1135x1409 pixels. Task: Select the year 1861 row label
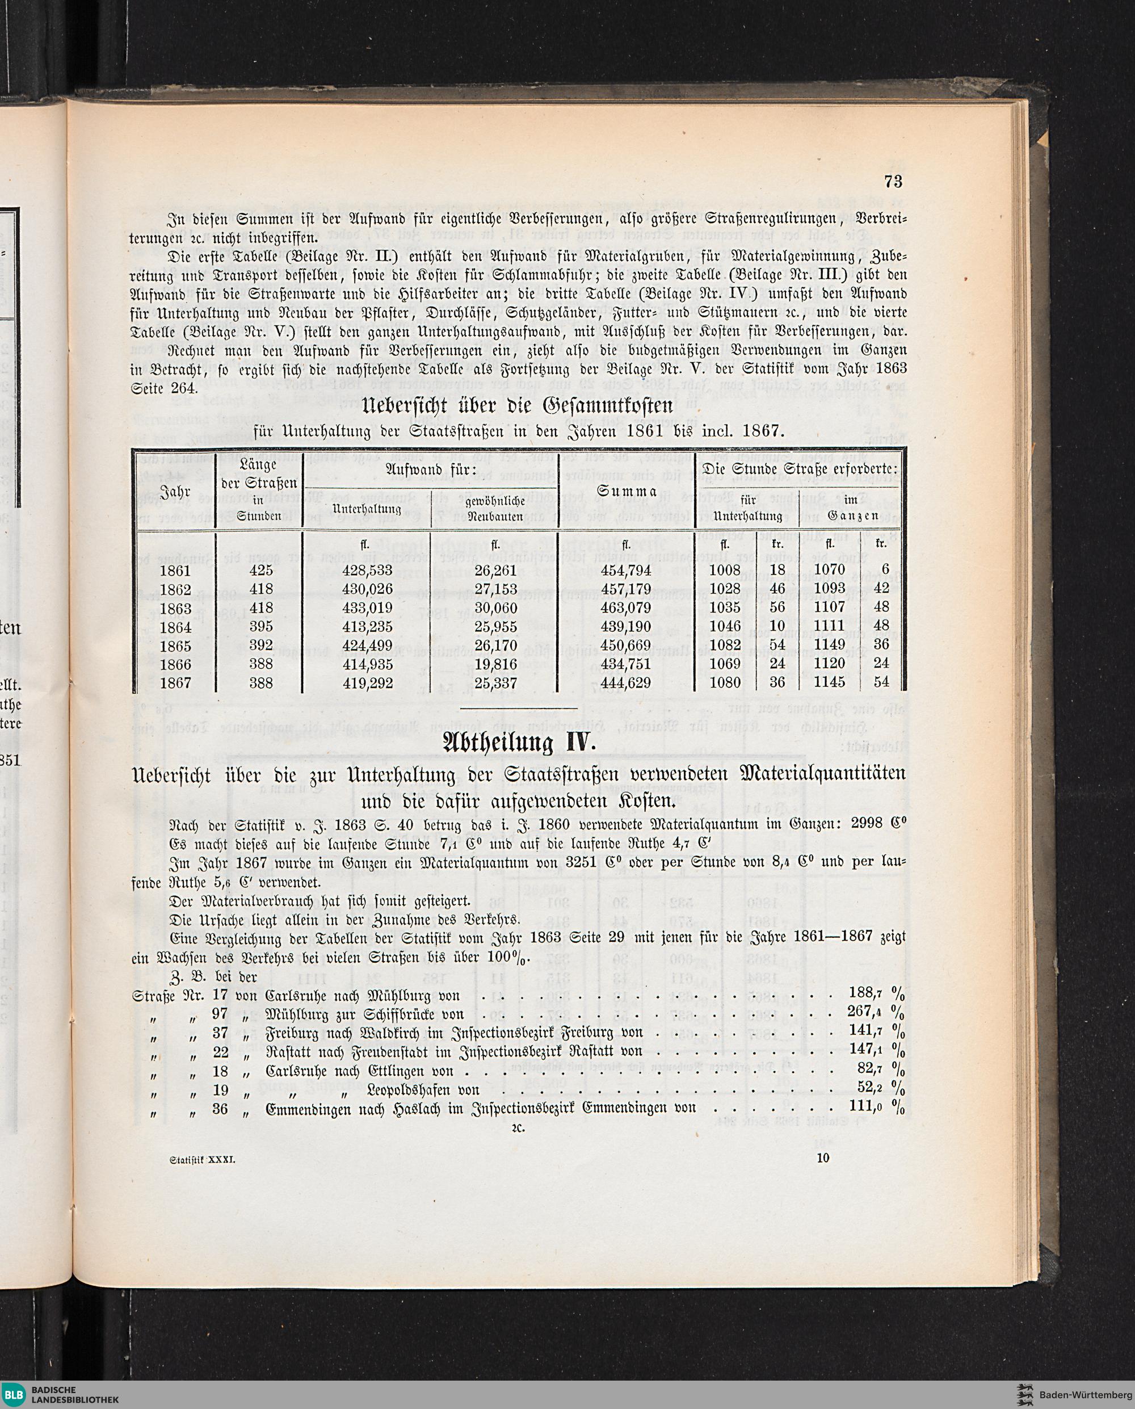[175, 571]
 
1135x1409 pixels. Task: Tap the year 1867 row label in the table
[175, 683]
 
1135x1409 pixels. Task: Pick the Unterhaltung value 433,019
[367, 607]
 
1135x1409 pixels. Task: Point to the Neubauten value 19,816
[495, 665]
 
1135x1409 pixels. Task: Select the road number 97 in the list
[220, 1014]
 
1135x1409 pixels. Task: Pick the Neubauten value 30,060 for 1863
[495, 607]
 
